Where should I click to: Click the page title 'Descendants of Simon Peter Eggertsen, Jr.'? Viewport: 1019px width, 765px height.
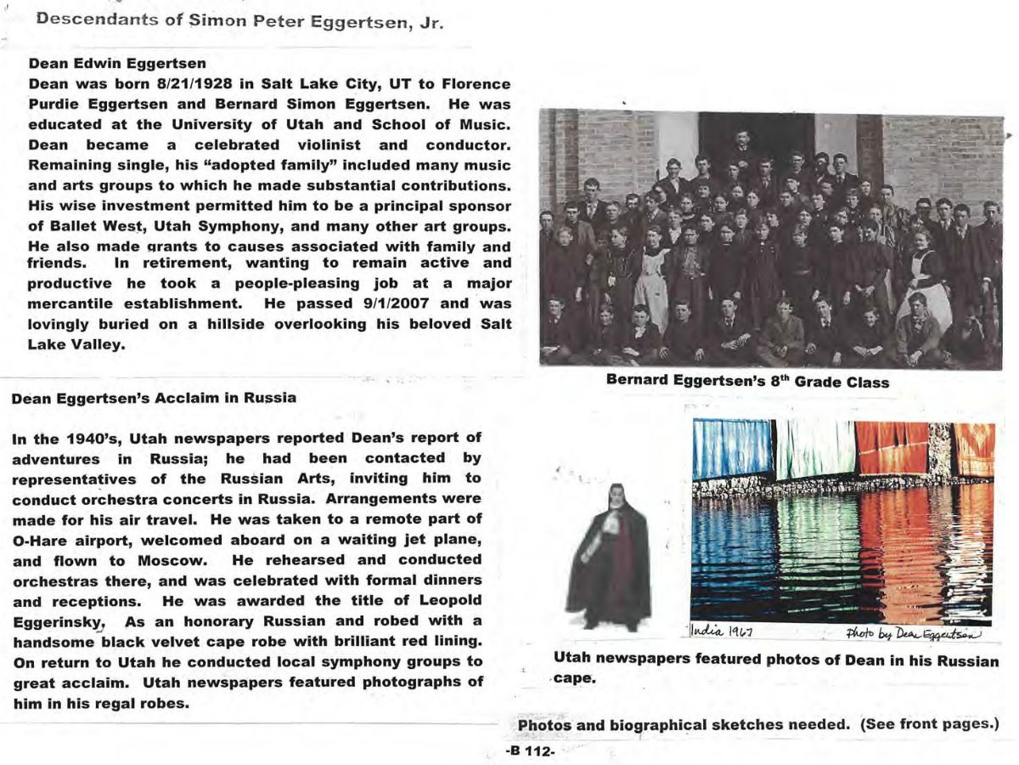point(239,20)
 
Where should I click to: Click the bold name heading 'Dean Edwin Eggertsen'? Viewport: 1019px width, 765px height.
point(117,64)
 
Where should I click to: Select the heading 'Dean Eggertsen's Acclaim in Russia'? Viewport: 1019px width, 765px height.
point(154,398)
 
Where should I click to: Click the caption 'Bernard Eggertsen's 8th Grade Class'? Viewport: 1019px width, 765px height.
point(747,382)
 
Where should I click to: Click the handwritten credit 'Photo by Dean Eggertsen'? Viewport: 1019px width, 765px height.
point(913,633)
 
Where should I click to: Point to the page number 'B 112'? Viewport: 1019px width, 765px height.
point(529,752)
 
